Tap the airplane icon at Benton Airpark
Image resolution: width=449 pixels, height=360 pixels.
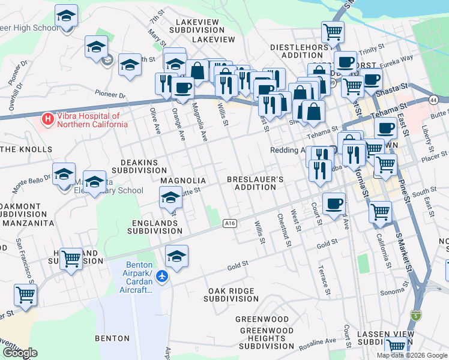[161, 277]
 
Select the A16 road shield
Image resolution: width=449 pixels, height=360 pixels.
[229, 223]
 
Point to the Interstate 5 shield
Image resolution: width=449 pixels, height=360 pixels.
[415, 315]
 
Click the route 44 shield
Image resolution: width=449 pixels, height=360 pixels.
[433, 100]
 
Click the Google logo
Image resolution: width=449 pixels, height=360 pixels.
[20, 353]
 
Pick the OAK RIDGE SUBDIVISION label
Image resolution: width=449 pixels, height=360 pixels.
[232, 295]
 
